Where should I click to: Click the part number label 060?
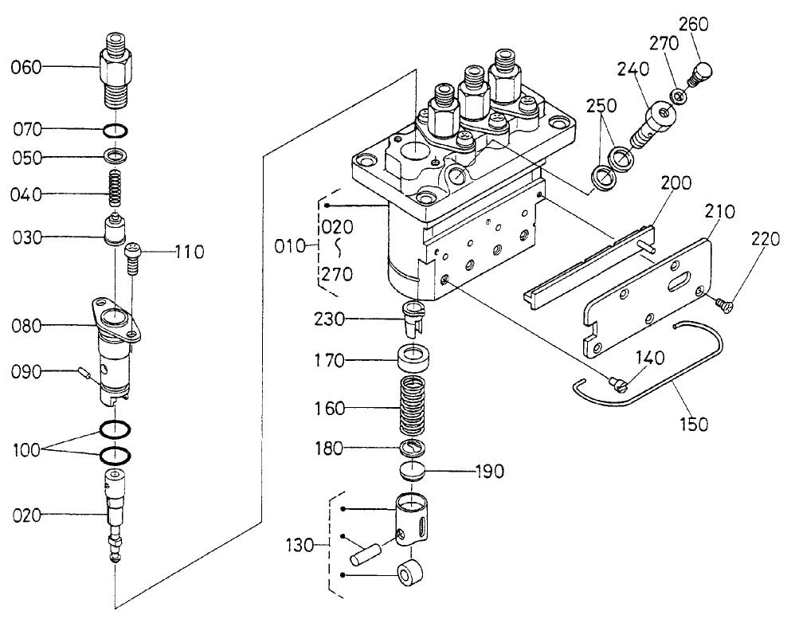coord(25,69)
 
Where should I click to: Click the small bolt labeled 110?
coord(135,258)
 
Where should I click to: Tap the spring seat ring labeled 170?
coord(413,360)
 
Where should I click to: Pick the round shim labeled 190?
coord(413,470)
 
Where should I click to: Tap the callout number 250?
coord(602,107)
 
